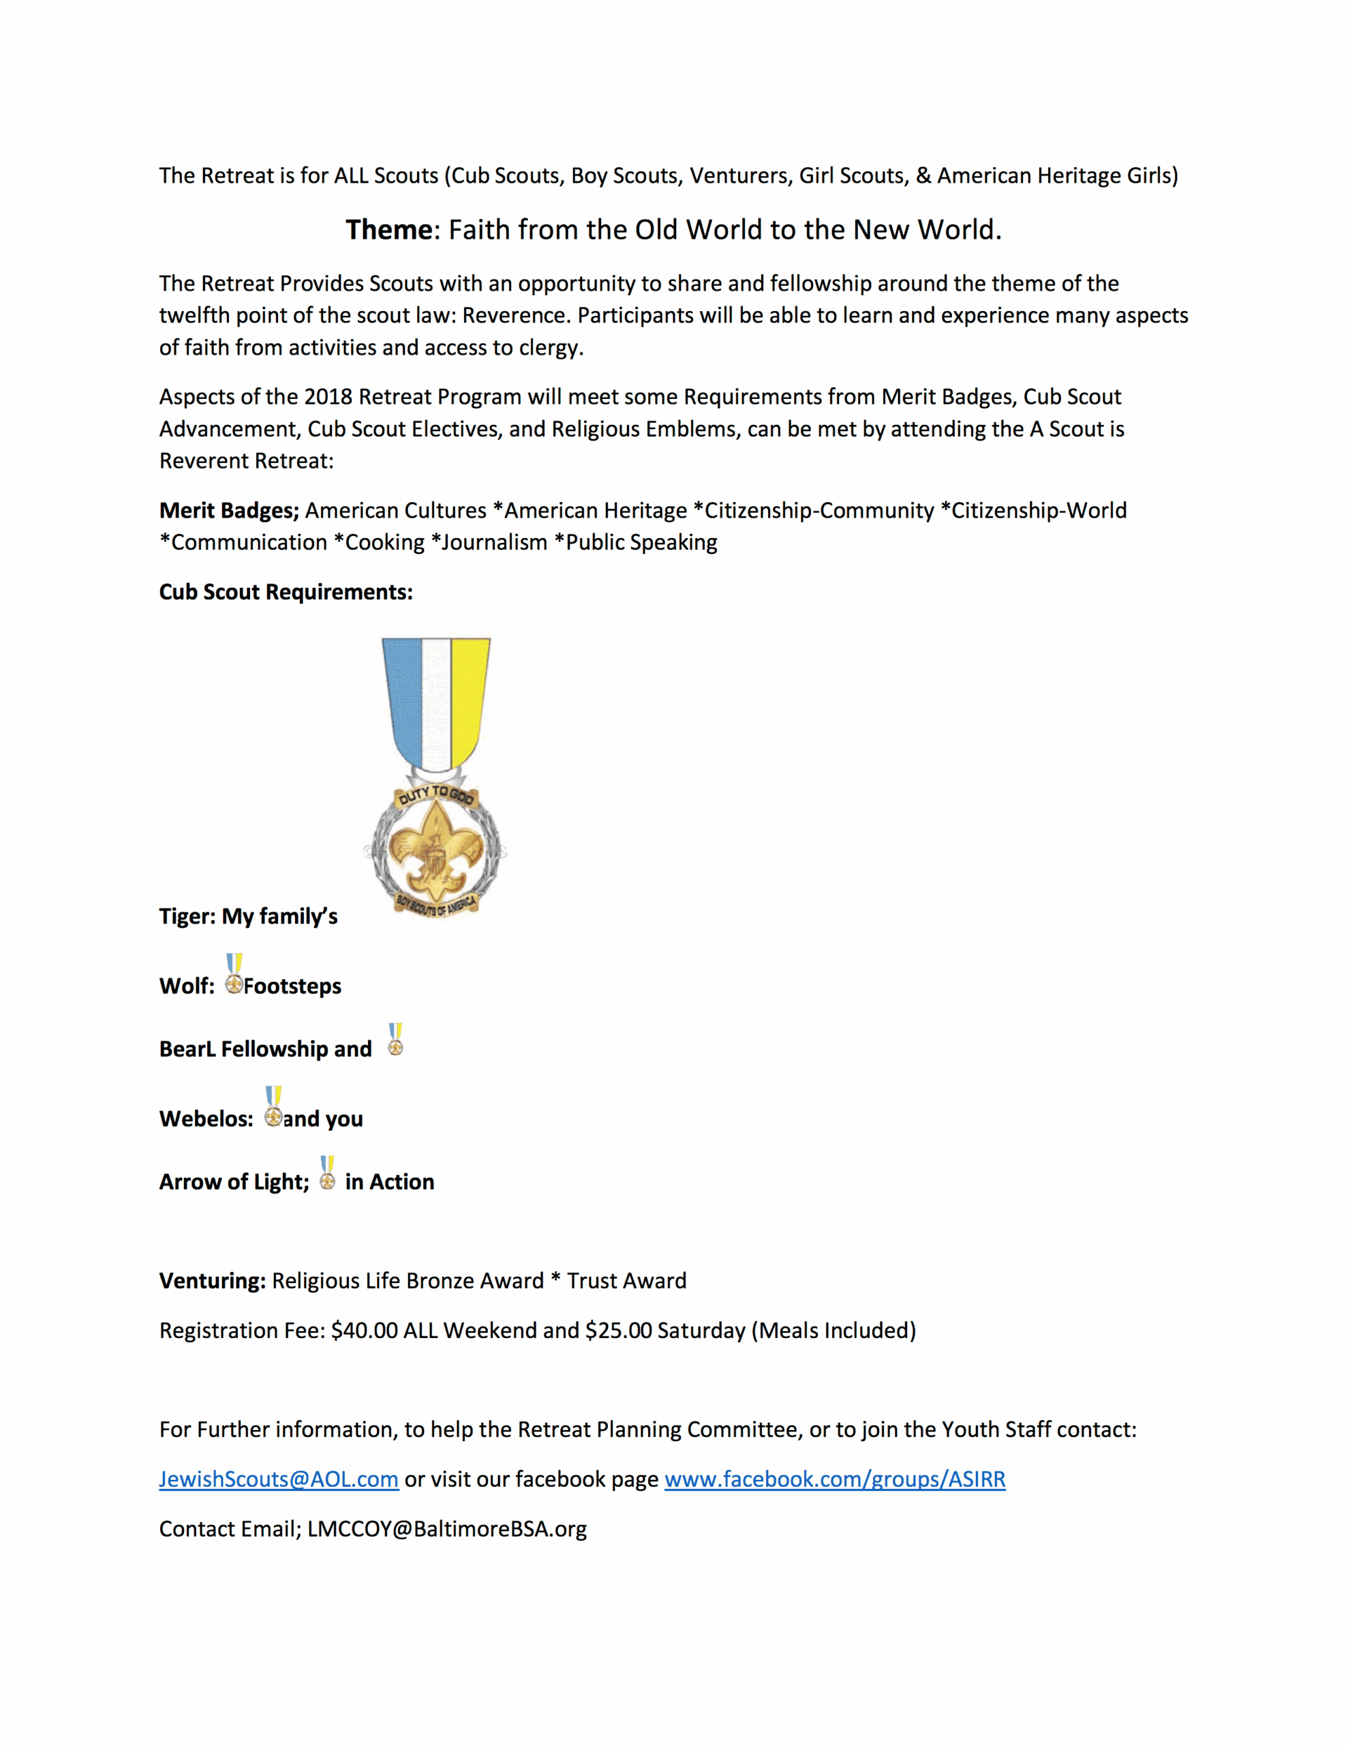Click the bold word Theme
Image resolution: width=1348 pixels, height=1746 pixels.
pyautogui.click(x=388, y=231)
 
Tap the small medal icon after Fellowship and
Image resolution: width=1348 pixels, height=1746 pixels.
pyautogui.click(x=395, y=1039)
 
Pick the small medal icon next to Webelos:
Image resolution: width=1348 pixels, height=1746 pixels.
pyautogui.click(x=273, y=1106)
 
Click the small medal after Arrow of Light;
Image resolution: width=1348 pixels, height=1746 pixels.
pyautogui.click(x=328, y=1173)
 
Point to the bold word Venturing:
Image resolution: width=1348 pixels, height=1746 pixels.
pyautogui.click(x=212, y=1281)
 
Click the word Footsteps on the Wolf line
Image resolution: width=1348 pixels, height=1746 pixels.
pyautogui.click(x=292, y=986)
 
